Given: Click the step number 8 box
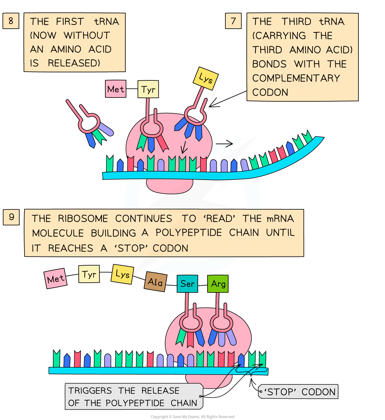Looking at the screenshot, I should [11, 21].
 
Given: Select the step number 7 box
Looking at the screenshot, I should [233, 21].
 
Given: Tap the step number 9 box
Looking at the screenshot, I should [11, 217].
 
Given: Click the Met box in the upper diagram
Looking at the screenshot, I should [115, 89].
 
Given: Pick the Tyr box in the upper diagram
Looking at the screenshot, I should [148, 89].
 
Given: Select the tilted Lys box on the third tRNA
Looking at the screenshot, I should [205, 79].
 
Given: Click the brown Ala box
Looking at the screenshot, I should [155, 282].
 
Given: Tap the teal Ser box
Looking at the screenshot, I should [187, 283].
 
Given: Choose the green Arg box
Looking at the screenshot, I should [218, 283].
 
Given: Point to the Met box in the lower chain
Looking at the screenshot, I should [56, 279].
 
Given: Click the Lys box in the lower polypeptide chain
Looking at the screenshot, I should [122, 274].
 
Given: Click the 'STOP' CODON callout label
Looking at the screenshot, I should [299, 392].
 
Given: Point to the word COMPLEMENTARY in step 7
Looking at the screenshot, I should [296, 78].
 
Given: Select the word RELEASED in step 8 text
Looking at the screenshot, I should [74, 63].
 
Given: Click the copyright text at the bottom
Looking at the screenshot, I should [192, 417].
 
